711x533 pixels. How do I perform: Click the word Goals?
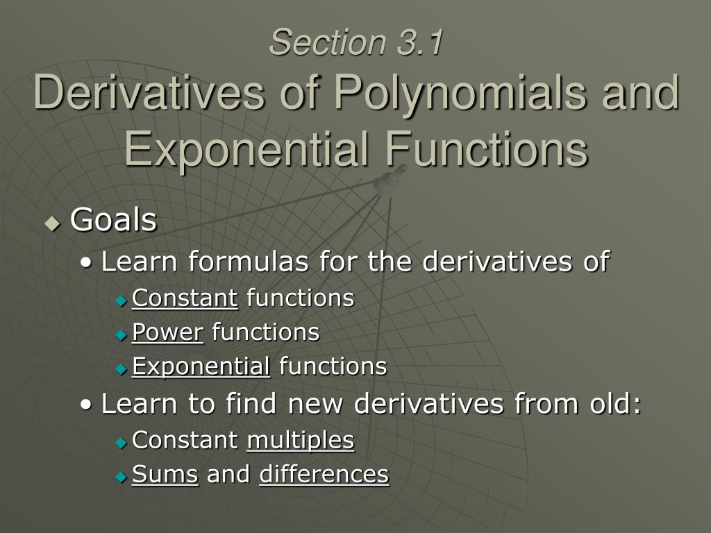click(113, 221)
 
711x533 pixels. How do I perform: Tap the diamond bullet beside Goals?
click(53, 223)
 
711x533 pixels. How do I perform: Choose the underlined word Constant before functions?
click(185, 298)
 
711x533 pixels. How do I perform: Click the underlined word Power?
click(167, 332)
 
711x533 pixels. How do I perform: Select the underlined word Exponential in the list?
click(201, 366)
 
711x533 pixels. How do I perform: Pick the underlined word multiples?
click(300, 440)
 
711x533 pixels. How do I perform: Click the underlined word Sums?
click(165, 474)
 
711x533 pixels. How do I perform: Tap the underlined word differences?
click(324, 474)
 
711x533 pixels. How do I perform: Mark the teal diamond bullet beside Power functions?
click(122, 335)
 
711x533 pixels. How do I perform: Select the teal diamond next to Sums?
click(122, 476)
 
